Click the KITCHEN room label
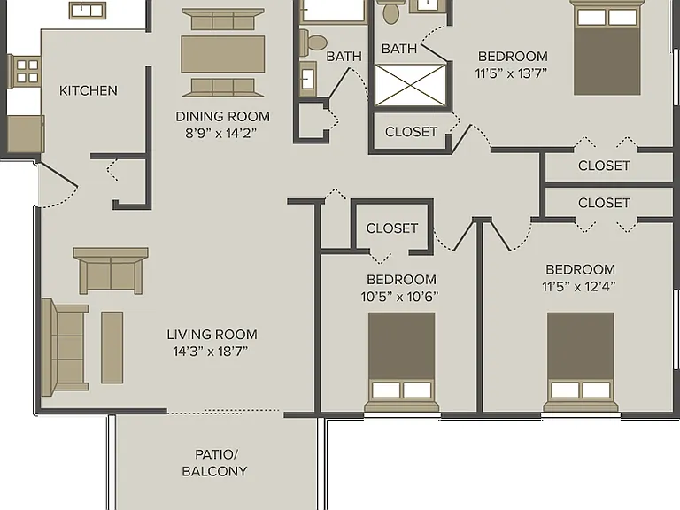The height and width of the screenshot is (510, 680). click(88, 90)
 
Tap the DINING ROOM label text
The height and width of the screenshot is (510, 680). click(222, 116)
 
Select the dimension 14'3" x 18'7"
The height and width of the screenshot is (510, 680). click(211, 351)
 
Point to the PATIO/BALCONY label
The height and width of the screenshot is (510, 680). click(214, 463)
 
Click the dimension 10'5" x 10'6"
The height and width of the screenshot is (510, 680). click(399, 297)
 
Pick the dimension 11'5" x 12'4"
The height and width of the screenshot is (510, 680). click(578, 287)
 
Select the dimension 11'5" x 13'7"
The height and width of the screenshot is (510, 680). click(511, 73)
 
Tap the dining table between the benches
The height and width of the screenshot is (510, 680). click(223, 54)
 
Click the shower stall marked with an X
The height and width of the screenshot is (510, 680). click(410, 85)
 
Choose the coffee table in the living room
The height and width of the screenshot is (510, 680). click(112, 347)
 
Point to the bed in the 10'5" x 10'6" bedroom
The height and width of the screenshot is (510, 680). click(402, 361)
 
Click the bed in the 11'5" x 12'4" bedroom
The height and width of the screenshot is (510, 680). click(580, 361)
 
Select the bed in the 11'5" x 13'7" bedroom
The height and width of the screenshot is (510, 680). click(607, 48)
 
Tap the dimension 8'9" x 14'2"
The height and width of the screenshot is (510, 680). click(220, 133)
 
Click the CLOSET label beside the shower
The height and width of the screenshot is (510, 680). click(411, 131)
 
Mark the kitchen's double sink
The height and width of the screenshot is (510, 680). click(88, 11)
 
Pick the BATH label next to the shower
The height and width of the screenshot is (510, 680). click(399, 48)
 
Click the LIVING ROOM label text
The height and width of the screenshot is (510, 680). click(212, 335)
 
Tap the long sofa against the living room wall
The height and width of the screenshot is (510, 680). click(64, 347)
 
